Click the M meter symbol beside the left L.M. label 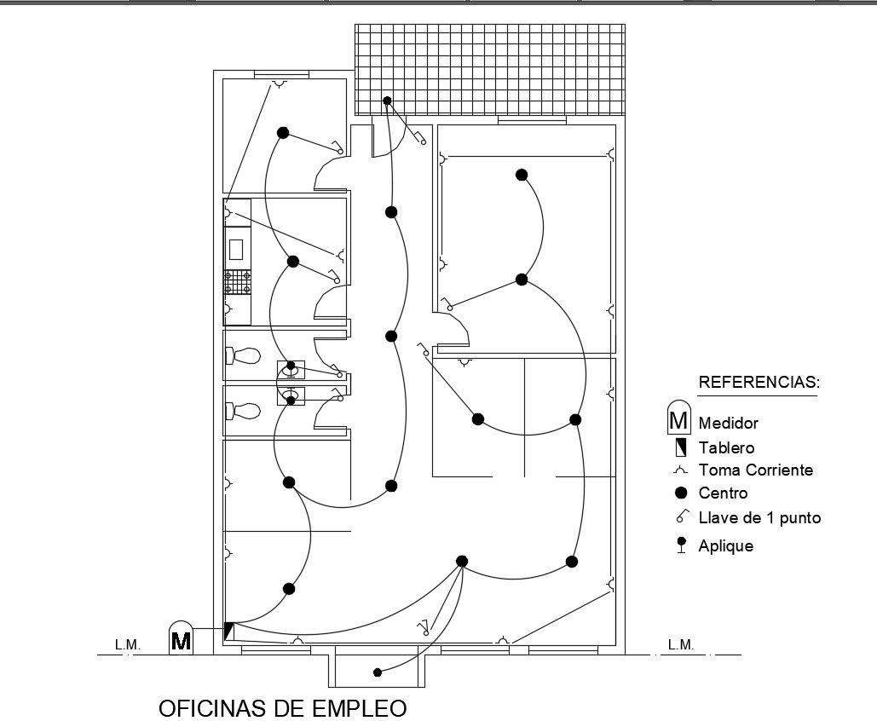click(181, 639)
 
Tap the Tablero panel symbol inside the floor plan click(228, 632)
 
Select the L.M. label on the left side click(128, 645)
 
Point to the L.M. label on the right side click(681, 645)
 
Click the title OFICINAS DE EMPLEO click(283, 708)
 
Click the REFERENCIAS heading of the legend click(759, 382)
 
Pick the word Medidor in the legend click(728, 423)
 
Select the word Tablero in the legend click(726, 447)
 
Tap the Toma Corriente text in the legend click(755, 470)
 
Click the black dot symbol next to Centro click(680, 493)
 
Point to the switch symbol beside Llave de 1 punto click(681, 516)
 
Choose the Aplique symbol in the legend click(680, 545)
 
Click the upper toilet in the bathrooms click(244, 355)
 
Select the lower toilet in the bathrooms click(244, 411)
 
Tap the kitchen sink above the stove click(237, 249)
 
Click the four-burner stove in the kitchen click(237, 282)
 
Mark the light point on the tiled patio click(387, 101)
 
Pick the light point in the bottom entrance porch click(378, 672)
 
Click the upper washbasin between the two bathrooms click(291, 369)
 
